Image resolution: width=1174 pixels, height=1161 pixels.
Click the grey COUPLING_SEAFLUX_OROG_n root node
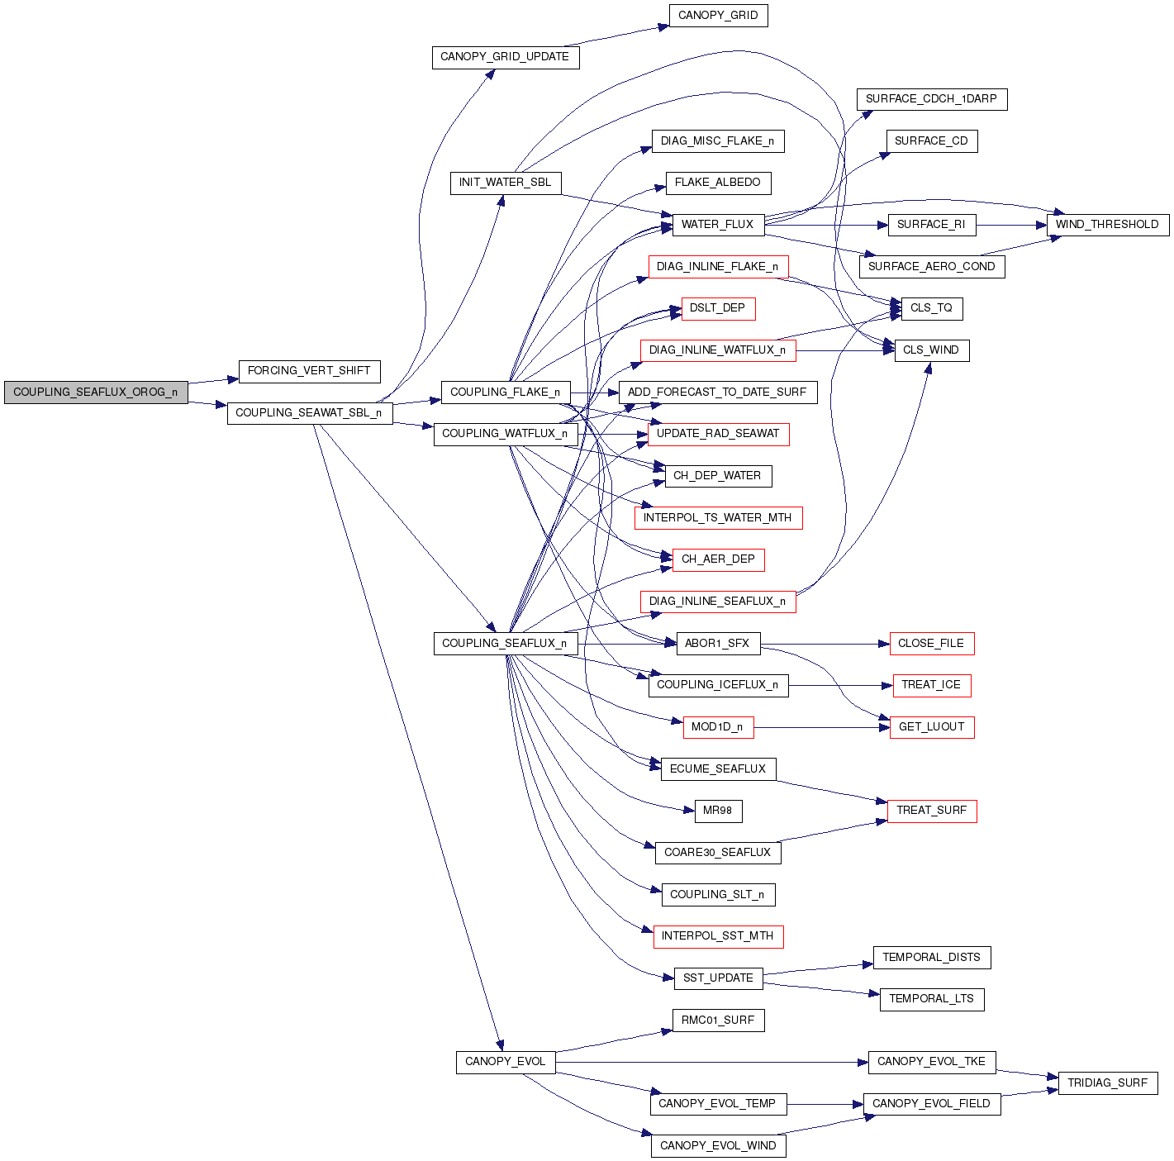95,393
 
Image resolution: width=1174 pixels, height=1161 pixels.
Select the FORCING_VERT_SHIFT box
309,371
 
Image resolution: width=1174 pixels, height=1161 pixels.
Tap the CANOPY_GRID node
718,16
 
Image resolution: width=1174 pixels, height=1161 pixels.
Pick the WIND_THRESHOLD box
1107,225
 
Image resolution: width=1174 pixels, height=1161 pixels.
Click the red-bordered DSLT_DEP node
718,308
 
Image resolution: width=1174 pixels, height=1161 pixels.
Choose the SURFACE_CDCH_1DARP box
931,99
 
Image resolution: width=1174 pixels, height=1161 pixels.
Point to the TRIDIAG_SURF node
1107,1082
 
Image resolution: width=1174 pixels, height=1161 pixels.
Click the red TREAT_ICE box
931,685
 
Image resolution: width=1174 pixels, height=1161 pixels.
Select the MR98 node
717,811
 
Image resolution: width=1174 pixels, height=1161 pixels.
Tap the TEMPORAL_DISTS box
931,958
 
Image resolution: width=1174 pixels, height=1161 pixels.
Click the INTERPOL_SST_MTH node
717,936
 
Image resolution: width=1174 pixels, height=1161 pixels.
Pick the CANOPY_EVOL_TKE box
931,1062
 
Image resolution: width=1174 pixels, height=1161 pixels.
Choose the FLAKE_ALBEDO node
717,183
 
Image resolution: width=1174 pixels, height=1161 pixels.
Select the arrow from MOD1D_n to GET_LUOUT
821,727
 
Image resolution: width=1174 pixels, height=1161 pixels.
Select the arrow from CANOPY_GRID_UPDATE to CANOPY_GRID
624,36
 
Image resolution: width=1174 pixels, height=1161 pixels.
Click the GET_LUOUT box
931,727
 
